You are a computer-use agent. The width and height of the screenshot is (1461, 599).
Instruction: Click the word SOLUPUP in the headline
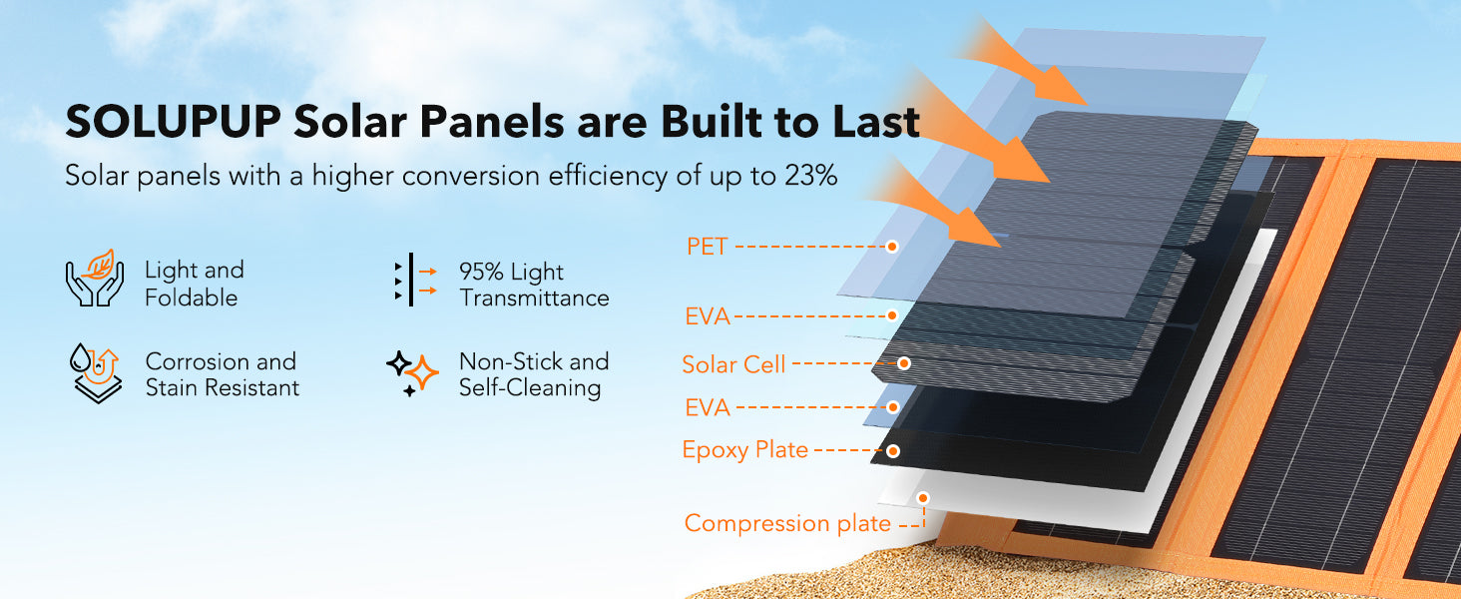click(x=174, y=122)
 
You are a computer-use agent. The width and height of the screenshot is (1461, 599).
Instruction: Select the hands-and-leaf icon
click(x=95, y=278)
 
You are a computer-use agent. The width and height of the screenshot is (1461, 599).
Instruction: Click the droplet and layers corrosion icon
click(x=95, y=373)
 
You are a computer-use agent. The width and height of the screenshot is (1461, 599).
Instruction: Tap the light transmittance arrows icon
click(x=415, y=280)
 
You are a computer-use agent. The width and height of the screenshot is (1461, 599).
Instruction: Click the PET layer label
click(x=707, y=247)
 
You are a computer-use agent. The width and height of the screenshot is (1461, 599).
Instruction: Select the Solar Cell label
click(x=733, y=364)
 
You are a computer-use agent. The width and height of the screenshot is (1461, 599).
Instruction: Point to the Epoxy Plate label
click(x=744, y=450)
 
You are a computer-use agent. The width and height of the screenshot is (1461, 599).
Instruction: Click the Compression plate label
click(x=787, y=523)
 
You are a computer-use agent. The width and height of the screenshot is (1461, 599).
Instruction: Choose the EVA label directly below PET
click(x=708, y=316)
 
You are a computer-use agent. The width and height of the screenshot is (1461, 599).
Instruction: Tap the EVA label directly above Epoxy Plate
click(x=708, y=407)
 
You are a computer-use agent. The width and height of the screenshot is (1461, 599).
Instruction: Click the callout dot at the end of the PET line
click(x=892, y=246)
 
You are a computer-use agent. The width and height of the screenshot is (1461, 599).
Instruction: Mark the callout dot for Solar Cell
click(x=904, y=362)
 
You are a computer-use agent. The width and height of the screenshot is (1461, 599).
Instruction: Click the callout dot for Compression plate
click(x=923, y=498)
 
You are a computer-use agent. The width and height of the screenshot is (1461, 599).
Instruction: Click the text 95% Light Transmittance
click(x=534, y=285)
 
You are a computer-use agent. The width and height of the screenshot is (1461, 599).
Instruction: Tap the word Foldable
click(x=191, y=299)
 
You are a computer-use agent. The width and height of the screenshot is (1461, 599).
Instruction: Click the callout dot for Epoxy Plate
click(x=893, y=451)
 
